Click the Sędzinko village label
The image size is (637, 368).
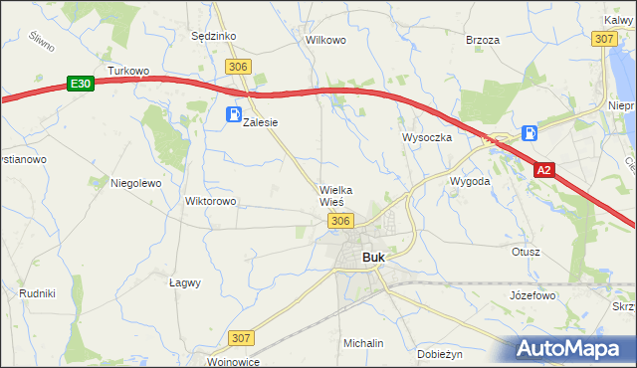212,36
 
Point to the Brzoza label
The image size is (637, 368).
482,41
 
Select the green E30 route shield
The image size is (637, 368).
82,85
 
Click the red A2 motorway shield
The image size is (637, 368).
542,171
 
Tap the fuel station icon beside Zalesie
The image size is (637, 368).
234,114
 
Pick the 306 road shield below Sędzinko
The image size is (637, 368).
237,66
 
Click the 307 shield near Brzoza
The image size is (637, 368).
603,38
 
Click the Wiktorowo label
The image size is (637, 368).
210,201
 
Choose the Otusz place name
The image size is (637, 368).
526,252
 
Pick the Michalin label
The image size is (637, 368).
363,343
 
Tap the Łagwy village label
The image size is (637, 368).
184,282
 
